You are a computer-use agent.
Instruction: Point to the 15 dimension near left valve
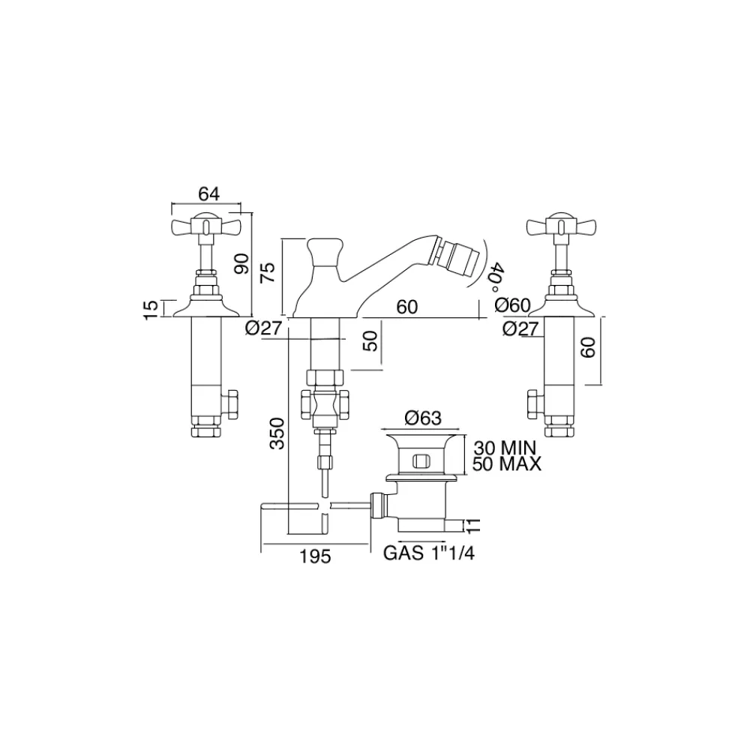151,307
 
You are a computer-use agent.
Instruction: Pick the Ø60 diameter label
514,306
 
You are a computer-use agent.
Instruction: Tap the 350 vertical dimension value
278,433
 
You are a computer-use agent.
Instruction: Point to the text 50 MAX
508,464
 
